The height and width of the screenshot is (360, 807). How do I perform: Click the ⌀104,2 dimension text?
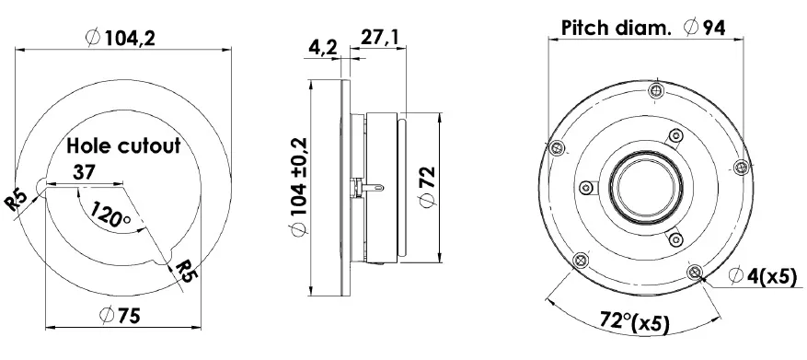122,38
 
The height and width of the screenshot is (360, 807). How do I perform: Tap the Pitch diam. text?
617,28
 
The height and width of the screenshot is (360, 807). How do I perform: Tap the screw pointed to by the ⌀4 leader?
694,271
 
